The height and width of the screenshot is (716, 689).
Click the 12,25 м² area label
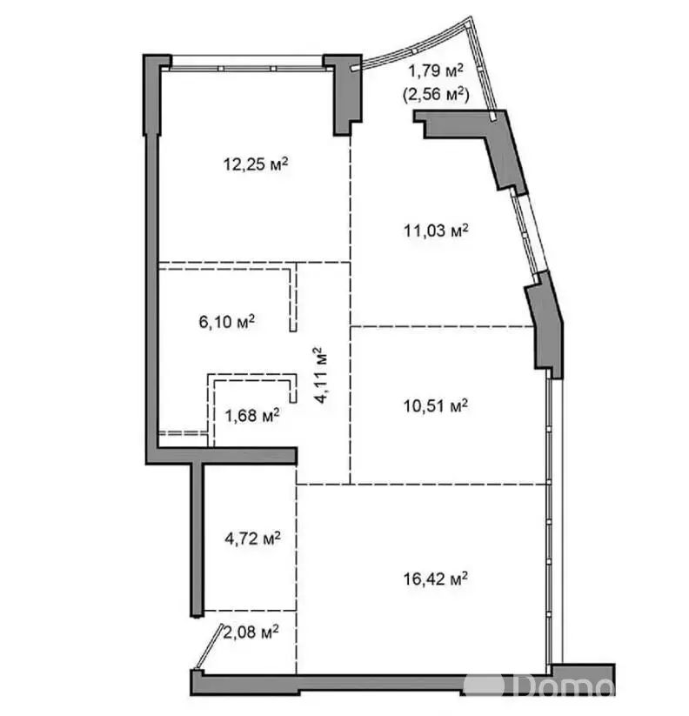click(256, 164)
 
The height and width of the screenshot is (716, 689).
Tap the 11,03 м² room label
click(436, 231)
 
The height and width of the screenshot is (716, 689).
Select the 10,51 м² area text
click(436, 405)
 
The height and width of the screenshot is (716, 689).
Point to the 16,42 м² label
click(436, 579)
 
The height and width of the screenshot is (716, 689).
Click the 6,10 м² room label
click(227, 322)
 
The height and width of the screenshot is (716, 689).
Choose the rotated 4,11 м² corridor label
click(320, 375)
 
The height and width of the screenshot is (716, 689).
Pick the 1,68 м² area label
click(252, 416)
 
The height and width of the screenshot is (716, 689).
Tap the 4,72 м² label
click(252, 539)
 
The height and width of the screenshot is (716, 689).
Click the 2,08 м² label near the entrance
click(251, 632)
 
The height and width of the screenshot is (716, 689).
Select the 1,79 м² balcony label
click(436, 70)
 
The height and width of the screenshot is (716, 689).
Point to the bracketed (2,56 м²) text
click(436, 95)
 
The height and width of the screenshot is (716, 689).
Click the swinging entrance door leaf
click(209, 646)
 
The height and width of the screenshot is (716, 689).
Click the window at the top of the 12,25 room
click(247, 63)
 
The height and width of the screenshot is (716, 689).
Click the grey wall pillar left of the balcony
click(344, 95)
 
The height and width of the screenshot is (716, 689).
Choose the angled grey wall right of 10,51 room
click(545, 325)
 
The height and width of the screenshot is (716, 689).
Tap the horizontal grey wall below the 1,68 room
click(222, 456)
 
